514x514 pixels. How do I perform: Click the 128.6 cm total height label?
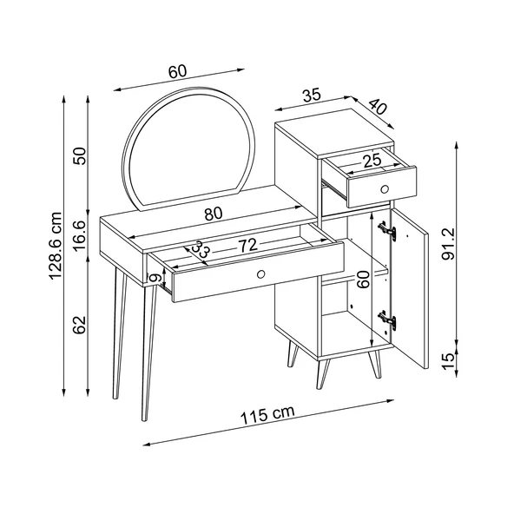click(x=56, y=246)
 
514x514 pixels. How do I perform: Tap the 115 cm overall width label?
click(x=267, y=415)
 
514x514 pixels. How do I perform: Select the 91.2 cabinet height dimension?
click(x=448, y=243)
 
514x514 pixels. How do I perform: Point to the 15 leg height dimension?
click(x=448, y=361)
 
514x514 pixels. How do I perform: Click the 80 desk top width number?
click(x=214, y=214)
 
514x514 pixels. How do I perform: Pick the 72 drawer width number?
click(x=247, y=246)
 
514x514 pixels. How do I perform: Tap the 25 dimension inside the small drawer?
click(x=372, y=160)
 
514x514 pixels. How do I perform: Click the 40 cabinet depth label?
click(x=378, y=107)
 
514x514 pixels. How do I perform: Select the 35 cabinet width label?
click(x=311, y=96)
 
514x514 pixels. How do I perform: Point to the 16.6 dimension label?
click(x=79, y=235)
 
